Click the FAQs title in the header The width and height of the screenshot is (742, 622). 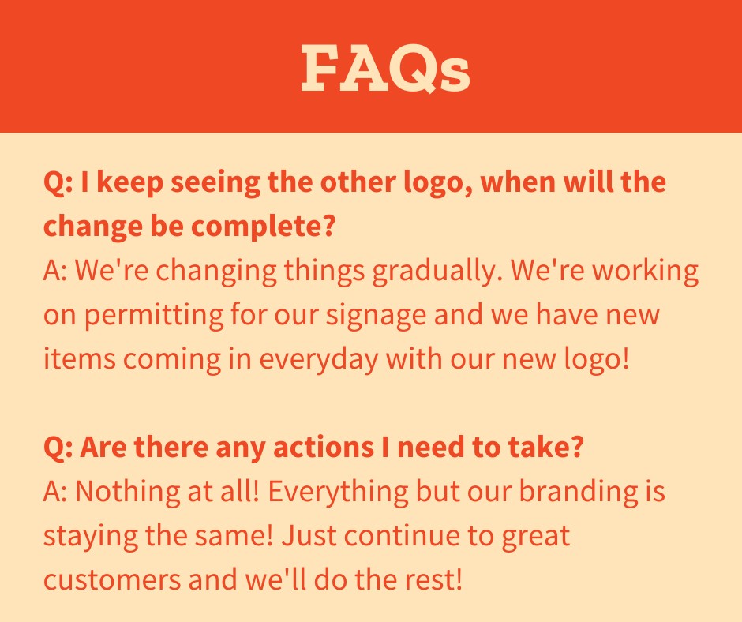point(386,69)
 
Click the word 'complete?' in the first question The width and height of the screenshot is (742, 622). point(264,227)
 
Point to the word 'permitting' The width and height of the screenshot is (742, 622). point(154,315)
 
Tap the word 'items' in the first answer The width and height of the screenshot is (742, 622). point(80,359)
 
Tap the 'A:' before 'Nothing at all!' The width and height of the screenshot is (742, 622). point(55,491)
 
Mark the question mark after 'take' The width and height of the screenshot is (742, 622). point(576,447)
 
